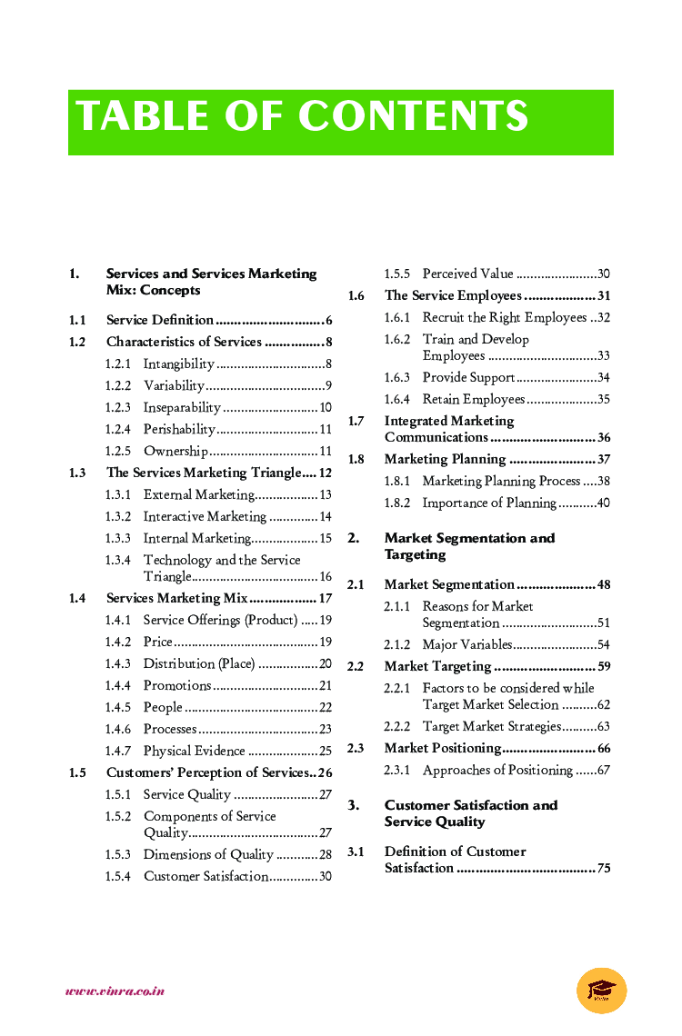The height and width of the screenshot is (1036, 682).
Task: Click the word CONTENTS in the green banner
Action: tap(413, 117)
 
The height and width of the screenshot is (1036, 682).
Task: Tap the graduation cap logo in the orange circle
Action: tap(601, 990)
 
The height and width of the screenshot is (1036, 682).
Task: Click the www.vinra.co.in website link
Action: tap(115, 991)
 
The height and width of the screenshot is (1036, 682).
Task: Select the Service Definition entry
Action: tap(160, 320)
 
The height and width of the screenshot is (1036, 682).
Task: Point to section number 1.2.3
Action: tap(117, 407)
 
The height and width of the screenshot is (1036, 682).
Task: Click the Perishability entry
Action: tap(179, 429)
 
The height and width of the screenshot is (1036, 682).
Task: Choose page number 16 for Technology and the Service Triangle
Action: tap(326, 577)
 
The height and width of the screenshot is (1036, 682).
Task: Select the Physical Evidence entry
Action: tap(194, 751)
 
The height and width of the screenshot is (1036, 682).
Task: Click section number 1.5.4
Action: tap(117, 876)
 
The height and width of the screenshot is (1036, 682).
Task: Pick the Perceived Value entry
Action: tap(467, 274)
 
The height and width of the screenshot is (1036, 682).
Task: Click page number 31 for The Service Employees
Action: tap(604, 295)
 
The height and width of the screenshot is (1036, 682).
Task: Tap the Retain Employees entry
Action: tap(473, 399)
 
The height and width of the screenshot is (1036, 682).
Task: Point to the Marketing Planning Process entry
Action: tap(500, 481)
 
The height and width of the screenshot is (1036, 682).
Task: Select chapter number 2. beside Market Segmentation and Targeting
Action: tap(353, 538)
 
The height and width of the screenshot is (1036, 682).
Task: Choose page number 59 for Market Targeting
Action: tap(604, 666)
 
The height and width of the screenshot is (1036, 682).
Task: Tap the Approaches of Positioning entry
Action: tap(497, 770)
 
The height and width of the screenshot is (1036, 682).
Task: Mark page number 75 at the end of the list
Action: tap(604, 868)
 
